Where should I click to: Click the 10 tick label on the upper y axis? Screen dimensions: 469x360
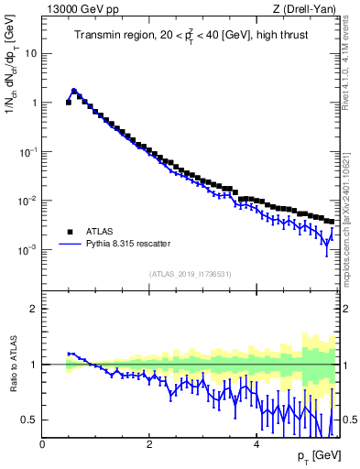pyautogui.click(x=32, y=53)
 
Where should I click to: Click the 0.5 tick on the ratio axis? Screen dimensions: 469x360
pyautogui.click(x=31, y=420)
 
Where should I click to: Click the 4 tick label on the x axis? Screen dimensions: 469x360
pyautogui.click(x=256, y=444)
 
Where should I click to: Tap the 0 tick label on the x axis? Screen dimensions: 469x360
pyautogui.click(x=42, y=444)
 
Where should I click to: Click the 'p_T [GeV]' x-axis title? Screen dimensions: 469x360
pyautogui.click(x=319, y=456)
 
